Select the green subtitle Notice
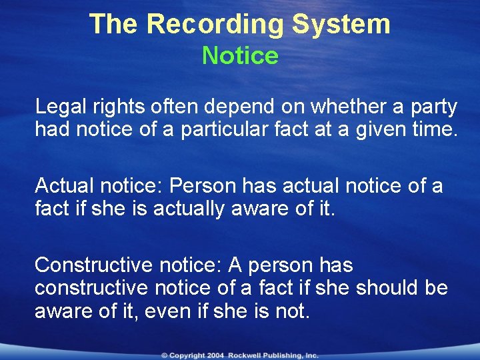[240, 55]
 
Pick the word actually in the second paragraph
[193, 208]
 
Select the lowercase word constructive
[94, 288]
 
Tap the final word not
[292, 311]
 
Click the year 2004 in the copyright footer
[214, 356]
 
